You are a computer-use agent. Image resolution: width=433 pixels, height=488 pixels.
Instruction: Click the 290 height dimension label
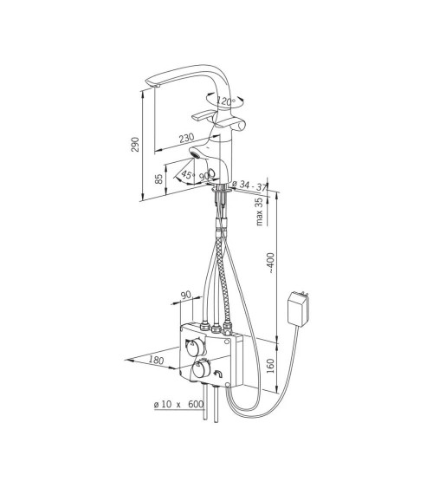(135, 145)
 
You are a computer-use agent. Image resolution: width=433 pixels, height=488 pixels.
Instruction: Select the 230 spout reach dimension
(187, 138)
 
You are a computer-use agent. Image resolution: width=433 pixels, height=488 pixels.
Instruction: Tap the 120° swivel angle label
(226, 101)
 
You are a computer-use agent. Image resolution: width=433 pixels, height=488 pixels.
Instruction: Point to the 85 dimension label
(158, 179)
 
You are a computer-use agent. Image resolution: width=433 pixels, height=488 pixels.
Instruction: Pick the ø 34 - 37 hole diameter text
(249, 185)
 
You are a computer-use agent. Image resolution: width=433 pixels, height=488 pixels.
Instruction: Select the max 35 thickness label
(259, 211)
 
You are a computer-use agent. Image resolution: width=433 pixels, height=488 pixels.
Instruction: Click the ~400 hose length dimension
(271, 263)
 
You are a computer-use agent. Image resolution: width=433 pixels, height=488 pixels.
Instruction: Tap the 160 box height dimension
(271, 366)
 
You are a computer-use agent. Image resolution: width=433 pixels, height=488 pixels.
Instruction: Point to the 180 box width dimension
(156, 360)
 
